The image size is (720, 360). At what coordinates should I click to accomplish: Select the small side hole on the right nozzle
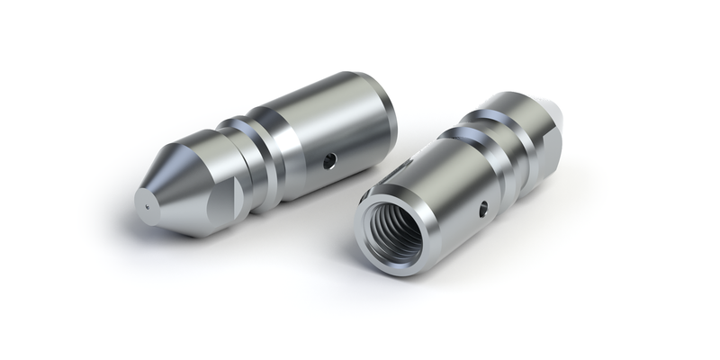[x=484, y=209]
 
